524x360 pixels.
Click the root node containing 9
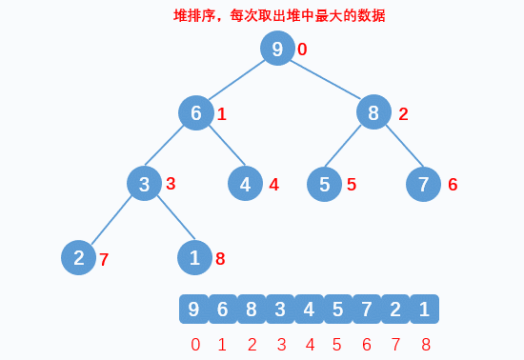point(277,50)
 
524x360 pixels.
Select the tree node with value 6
point(196,113)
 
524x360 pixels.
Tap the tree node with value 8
point(373,113)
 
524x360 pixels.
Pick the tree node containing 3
point(145,184)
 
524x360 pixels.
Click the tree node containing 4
point(246,184)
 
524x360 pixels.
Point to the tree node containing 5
point(325,184)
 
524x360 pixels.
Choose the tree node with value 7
point(424,184)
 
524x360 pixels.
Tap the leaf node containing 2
point(79,257)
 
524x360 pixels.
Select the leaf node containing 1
point(195,257)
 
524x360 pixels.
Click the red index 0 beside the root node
point(302,50)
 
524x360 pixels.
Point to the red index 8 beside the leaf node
point(220,258)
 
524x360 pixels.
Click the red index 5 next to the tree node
point(352,185)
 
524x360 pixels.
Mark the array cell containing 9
point(193,309)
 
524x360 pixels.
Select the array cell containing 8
point(252,309)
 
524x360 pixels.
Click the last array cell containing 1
point(424,309)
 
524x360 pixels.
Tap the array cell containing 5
point(337,309)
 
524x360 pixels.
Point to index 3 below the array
point(281,345)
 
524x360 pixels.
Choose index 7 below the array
point(396,345)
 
